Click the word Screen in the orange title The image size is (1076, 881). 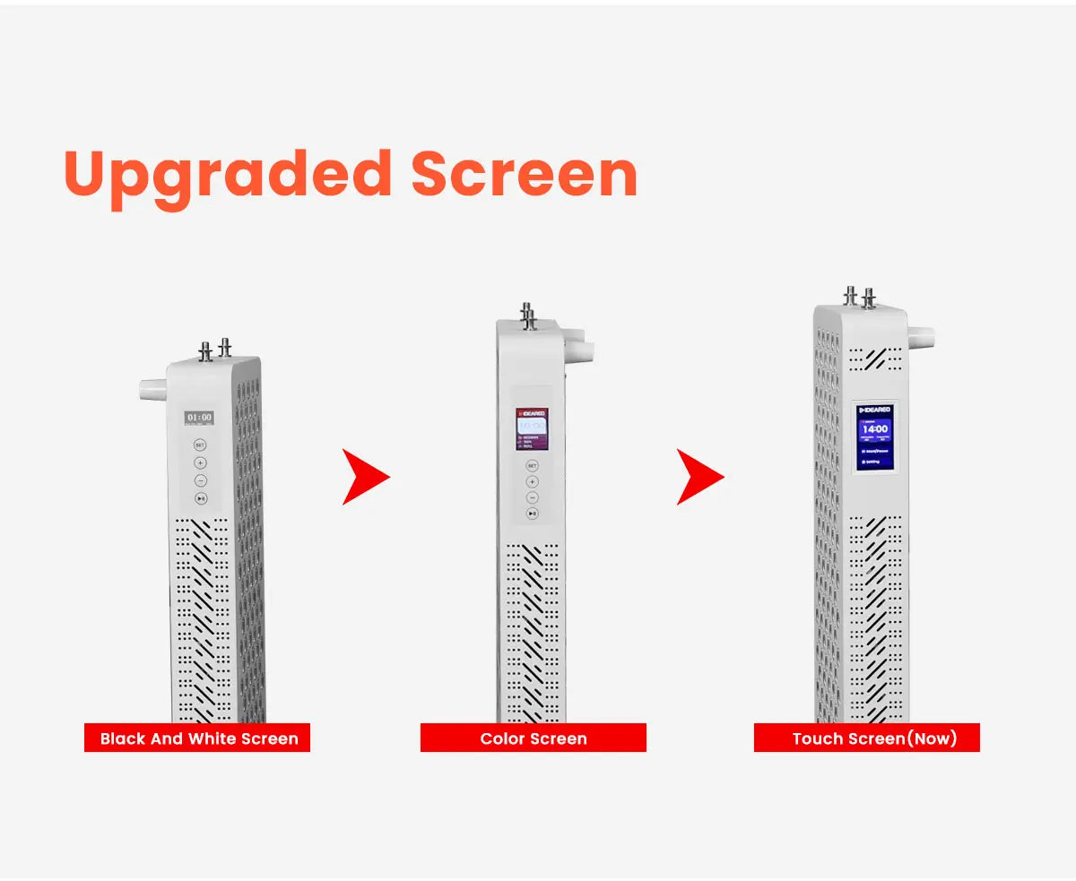pyautogui.click(x=524, y=174)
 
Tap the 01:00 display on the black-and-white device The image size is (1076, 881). pyautogui.click(x=199, y=418)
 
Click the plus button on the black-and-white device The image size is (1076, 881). pyautogui.click(x=200, y=462)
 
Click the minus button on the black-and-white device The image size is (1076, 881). pyautogui.click(x=200, y=480)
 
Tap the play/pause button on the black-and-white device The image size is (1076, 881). pyautogui.click(x=200, y=498)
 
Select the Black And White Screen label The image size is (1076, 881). pyautogui.click(x=197, y=738)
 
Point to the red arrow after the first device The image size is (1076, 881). pyautogui.click(x=365, y=477)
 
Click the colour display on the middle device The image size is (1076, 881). pyautogui.click(x=532, y=429)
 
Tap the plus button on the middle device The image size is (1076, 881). pyautogui.click(x=532, y=481)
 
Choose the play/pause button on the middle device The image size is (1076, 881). pyautogui.click(x=532, y=513)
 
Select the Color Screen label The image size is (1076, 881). pyautogui.click(x=534, y=738)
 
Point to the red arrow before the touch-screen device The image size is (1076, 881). pyautogui.click(x=699, y=477)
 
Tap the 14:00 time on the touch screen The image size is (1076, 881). pyautogui.click(x=874, y=429)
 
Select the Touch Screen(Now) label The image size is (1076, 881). pyautogui.click(x=867, y=738)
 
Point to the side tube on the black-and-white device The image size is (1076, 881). pyautogui.click(x=153, y=389)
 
